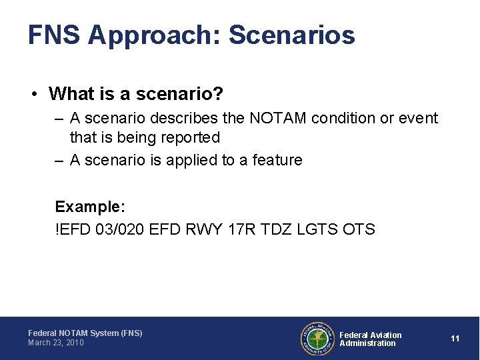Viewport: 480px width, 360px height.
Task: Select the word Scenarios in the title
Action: coord(292,35)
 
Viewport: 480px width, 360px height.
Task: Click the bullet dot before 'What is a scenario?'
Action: coord(33,94)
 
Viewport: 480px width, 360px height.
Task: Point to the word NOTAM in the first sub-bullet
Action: coord(276,118)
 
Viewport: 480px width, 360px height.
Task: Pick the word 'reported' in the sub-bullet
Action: coord(187,137)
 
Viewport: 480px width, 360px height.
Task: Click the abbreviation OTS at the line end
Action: coord(359,229)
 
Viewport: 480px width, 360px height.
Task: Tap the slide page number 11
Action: coord(455,339)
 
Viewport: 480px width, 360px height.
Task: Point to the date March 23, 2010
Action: coord(56,343)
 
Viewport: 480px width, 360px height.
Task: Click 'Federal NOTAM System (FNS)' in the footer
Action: coord(85,333)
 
